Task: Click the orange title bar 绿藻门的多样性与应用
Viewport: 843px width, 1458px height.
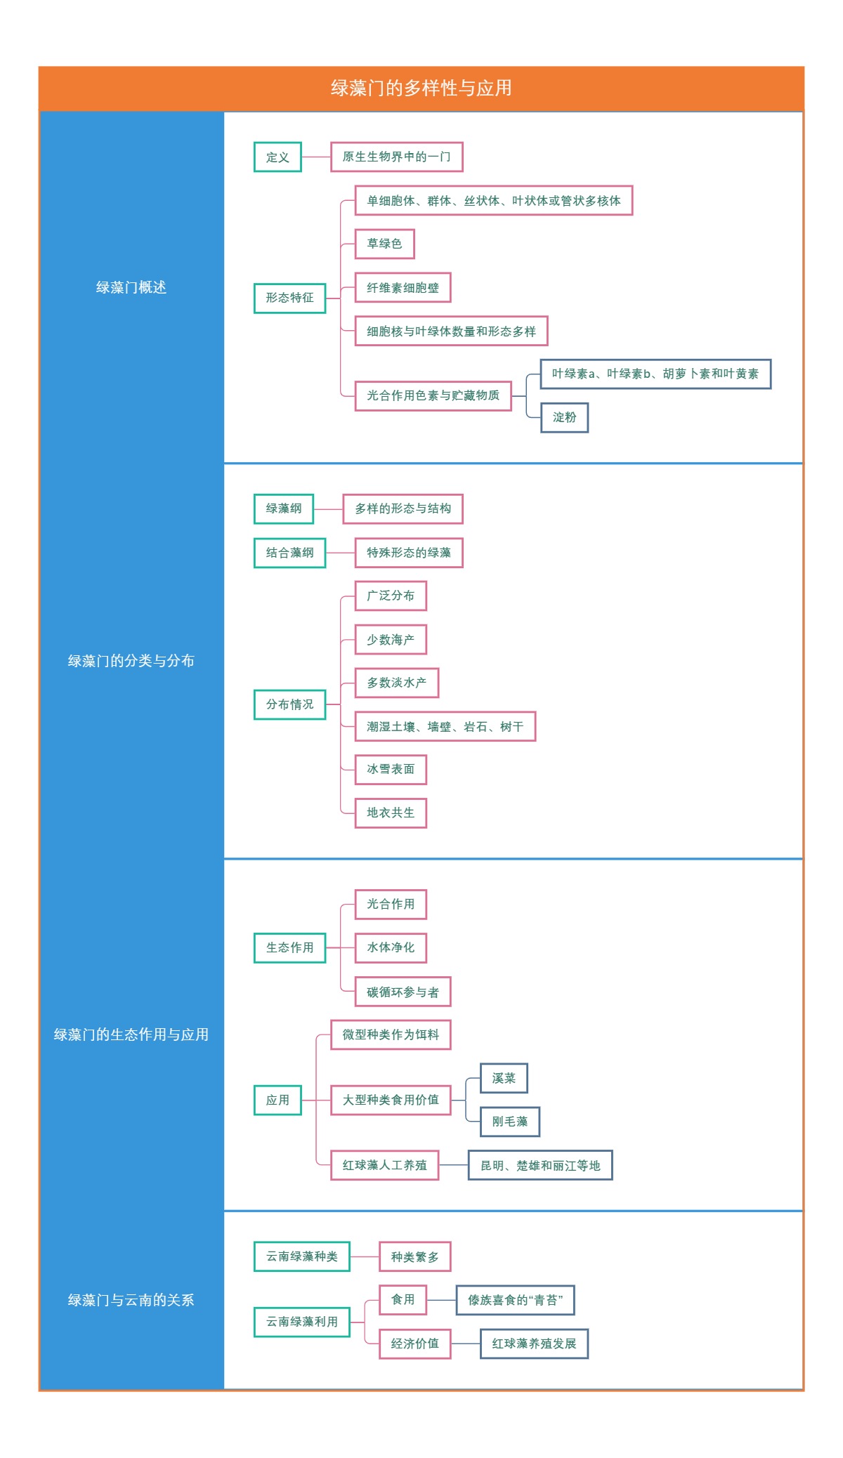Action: tap(421, 88)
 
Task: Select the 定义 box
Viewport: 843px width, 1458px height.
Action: tap(277, 157)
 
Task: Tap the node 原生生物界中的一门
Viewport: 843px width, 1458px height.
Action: tap(396, 157)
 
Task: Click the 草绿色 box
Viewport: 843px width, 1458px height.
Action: tap(384, 244)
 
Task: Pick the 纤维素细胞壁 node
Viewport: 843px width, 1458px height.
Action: tap(403, 288)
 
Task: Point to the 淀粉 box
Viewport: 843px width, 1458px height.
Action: tap(564, 418)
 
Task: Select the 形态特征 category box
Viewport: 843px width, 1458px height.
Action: tap(289, 298)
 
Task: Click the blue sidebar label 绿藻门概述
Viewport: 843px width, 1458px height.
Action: tap(131, 287)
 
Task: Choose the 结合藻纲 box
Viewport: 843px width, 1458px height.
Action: tap(289, 553)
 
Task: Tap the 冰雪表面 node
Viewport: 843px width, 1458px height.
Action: tap(391, 770)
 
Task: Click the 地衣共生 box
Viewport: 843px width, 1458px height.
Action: tap(391, 813)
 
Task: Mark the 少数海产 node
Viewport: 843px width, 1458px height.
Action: tap(391, 640)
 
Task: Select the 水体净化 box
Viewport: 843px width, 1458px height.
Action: tap(391, 948)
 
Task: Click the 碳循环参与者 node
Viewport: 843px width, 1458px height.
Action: tap(403, 992)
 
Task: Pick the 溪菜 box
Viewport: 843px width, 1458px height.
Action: tap(504, 1078)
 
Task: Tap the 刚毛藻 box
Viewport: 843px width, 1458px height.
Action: tap(510, 1122)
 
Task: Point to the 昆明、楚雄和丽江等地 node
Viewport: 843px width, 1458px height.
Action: tap(540, 1166)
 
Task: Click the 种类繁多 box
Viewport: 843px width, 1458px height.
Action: tap(414, 1257)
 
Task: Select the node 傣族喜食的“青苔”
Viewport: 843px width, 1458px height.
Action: tap(515, 1300)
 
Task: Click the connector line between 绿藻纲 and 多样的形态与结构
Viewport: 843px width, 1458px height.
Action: tap(328, 509)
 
